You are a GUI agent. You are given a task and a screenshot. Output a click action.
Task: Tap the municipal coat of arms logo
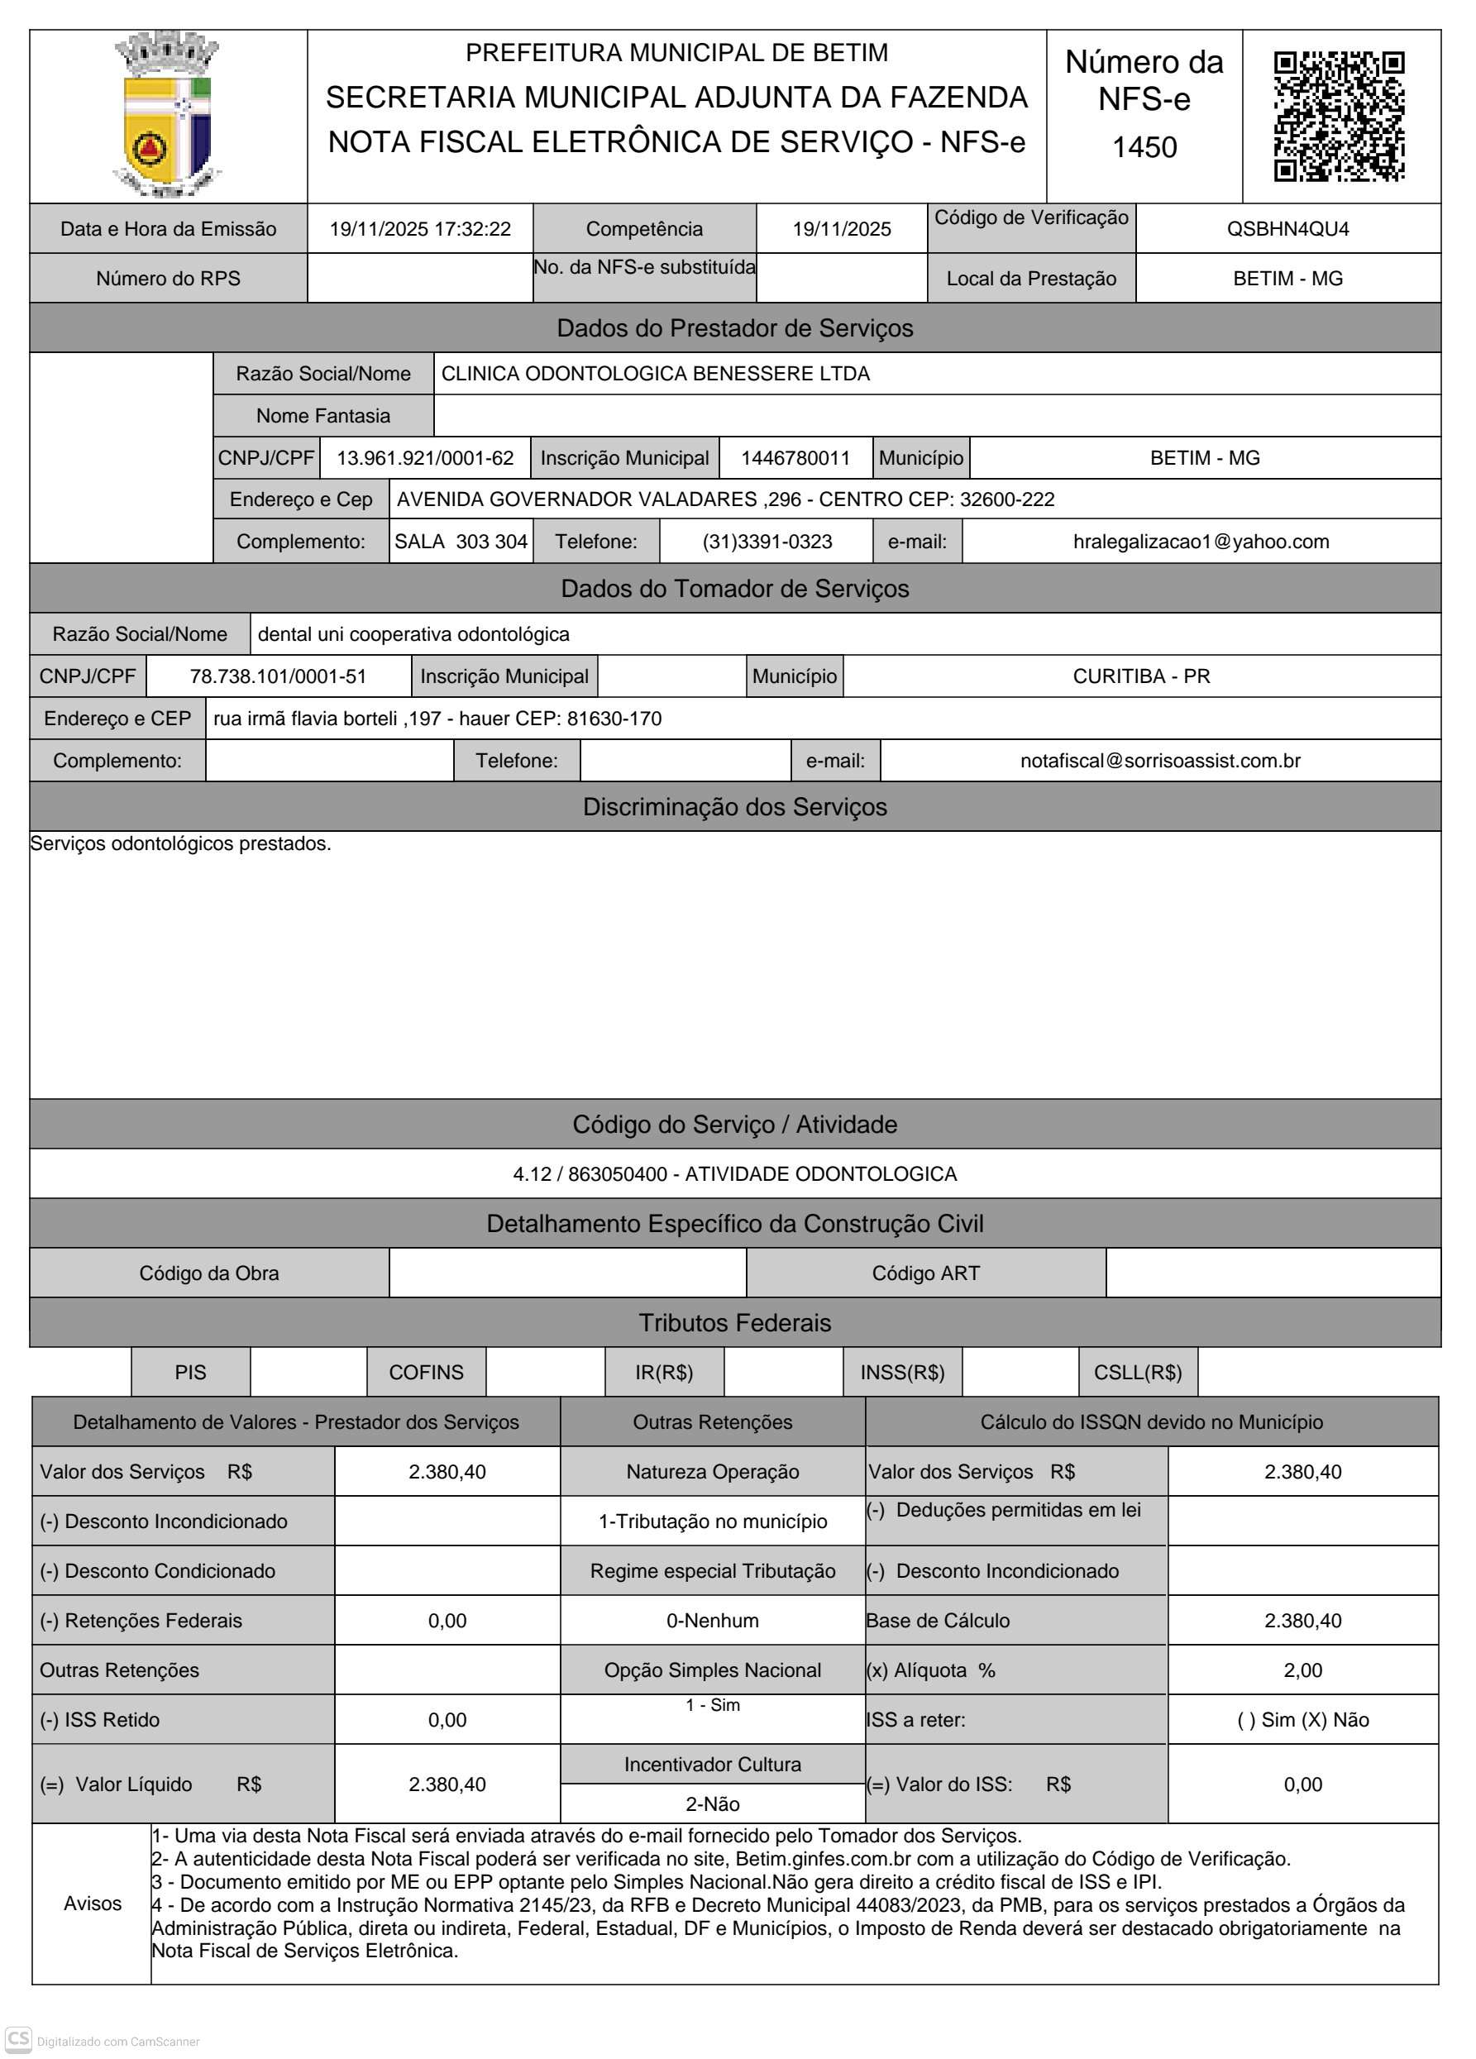pos(168,115)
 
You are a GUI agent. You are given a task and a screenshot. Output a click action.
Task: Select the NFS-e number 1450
pos(1144,147)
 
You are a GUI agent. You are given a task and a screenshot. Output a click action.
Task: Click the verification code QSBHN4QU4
pos(1287,229)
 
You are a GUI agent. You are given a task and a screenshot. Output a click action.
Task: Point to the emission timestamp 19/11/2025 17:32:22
pos(419,229)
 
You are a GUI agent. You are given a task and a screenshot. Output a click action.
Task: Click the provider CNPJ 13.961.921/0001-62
pos(425,457)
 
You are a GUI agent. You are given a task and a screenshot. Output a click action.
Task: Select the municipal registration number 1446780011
pos(795,457)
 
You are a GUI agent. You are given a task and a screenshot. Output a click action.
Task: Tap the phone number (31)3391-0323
pos(767,541)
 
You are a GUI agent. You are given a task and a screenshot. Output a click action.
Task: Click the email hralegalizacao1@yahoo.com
pos(1200,541)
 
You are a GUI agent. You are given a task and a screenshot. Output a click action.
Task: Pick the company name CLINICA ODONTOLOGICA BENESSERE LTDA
pos(655,373)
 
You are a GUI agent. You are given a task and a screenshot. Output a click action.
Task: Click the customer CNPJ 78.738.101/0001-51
pos(278,676)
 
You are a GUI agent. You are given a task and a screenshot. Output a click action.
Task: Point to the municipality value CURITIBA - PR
pos(1141,676)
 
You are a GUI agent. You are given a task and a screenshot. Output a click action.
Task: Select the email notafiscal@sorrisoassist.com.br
pos(1159,761)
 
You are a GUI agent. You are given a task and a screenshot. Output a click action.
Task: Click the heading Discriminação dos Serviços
pos(734,807)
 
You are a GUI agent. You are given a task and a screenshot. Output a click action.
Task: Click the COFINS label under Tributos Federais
pos(426,1372)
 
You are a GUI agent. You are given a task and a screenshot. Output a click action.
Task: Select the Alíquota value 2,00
pos(1302,1670)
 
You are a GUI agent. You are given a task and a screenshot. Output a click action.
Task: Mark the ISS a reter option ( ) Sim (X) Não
pos(1302,1719)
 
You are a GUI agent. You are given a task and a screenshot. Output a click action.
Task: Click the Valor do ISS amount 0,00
pos(1302,1784)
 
